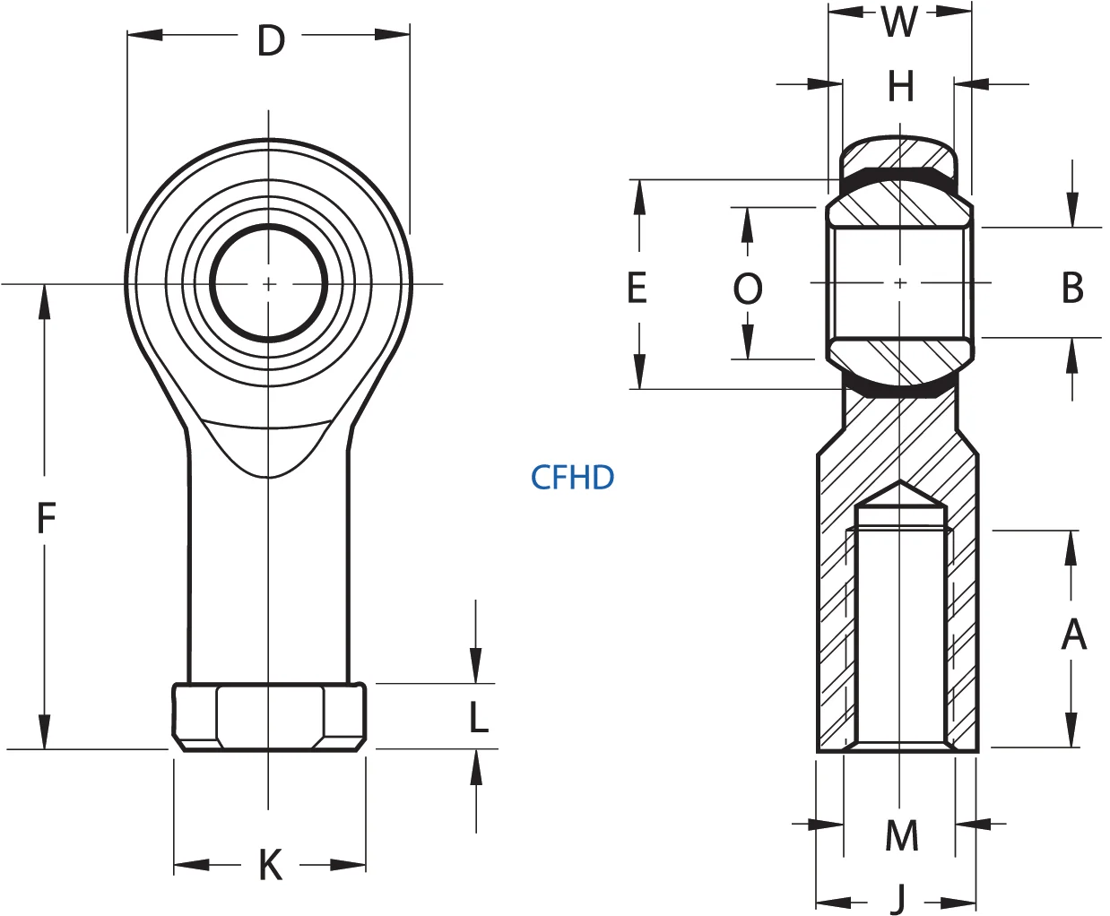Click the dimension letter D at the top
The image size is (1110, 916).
click(270, 40)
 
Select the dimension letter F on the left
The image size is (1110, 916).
click(46, 517)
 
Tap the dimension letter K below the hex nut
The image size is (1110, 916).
click(270, 866)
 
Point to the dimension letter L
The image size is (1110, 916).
click(479, 717)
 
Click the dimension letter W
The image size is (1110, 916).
click(899, 22)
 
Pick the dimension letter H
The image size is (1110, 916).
click(900, 87)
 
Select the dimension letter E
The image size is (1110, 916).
click(637, 288)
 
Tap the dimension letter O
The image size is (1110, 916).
click(748, 289)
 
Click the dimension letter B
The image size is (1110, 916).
click(1072, 288)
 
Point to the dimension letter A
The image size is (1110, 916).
click(1073, 635)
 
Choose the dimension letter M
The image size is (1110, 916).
click(901, 836)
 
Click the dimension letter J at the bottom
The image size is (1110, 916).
click(899, 898)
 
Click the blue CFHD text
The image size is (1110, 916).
click(572, 477)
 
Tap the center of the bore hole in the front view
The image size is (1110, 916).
click(268, 283)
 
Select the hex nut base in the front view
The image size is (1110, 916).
click(269, 717)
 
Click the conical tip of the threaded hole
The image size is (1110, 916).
click(900, 491)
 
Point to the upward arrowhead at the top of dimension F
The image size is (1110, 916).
click(44, 301)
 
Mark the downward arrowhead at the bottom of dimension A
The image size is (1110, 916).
click(1071, 730)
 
